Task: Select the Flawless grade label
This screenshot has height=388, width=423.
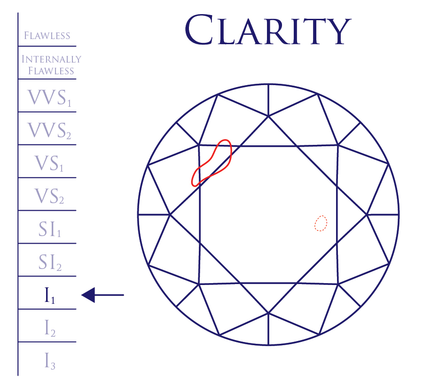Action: (x=47, y=36)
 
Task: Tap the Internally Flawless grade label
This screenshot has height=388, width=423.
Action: (x=51, y=65)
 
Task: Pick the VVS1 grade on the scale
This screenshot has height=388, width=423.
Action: (x=49, y=97)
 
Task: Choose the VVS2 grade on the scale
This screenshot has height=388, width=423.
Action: (x=49, y=130)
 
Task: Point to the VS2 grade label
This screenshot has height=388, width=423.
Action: (x=49, y=196)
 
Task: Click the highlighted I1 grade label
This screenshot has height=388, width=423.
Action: (x=49, y=295)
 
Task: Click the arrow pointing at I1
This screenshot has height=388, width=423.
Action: (x=102, y=295)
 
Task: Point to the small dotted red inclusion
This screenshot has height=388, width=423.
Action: (x=321, y=223)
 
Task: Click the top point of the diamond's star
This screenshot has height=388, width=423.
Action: (x=268, y=116)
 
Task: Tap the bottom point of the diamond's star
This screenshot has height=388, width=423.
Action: (x=268, y=312)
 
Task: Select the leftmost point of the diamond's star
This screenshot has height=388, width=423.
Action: (x=170, y=214)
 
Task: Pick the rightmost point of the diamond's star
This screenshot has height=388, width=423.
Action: (x=367, y=214)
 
